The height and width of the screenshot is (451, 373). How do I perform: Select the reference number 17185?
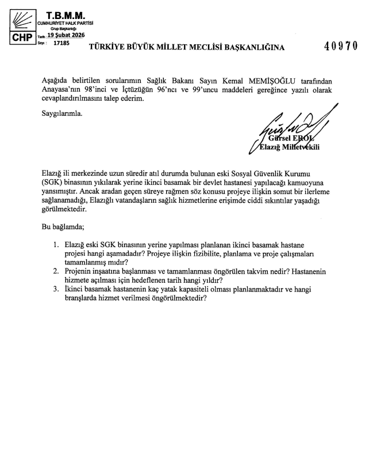click(60, 42)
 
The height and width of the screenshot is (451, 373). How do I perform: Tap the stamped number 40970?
click(341, 47)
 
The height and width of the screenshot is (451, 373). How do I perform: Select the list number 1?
click(56, 244)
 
